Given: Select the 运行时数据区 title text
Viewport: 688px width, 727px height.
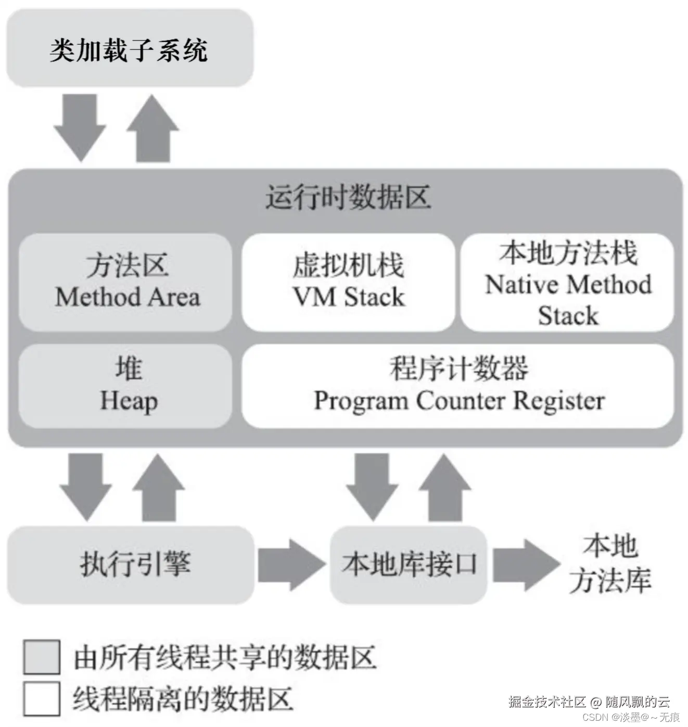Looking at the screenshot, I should tap(348, 198).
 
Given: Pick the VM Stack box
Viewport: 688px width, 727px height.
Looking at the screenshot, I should tap(348, 282).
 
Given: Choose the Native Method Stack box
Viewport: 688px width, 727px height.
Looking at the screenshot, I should tap(567, 282).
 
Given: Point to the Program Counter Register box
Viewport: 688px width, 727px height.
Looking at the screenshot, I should tap(458, 386).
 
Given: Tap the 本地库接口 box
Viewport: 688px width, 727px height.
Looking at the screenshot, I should tap(409, 564).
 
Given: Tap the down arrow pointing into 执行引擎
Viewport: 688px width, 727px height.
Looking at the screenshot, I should tap(86, 487).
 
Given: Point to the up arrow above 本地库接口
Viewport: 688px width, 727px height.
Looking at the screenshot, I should tap(445, 487).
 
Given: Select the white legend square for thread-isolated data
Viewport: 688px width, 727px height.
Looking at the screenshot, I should tap(42, 699).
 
